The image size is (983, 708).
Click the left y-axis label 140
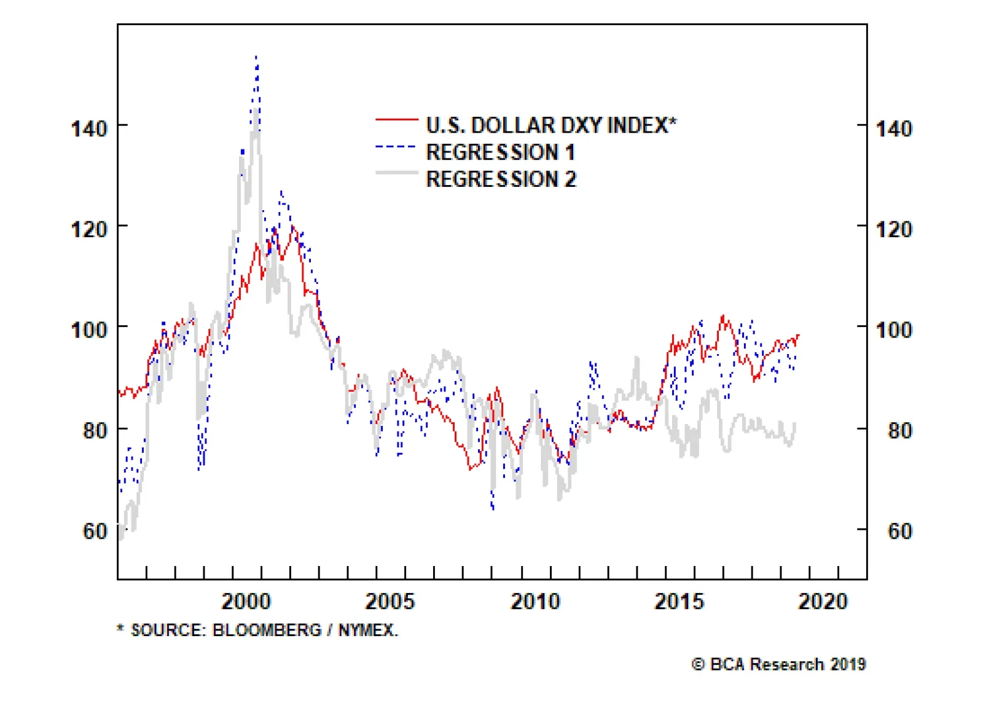pos(89,129)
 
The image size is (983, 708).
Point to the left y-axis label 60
pos(95,531)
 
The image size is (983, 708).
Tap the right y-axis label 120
pos(893,230)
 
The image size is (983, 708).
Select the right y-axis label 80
pos(899,431)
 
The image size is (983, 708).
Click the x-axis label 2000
pos(246,601)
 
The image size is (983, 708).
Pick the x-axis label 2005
pos(390,601)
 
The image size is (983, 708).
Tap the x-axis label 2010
pos(535,601)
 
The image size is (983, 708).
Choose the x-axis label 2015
pos(679,601)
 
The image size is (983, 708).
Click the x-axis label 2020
pos(823,601)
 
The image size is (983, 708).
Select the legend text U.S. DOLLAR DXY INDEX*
pos(551,125)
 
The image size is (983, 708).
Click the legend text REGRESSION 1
pos(500,152)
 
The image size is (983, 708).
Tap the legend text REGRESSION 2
pos(501,179)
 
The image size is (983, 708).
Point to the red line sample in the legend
pos(396,119)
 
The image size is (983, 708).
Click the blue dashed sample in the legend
pos(396,146)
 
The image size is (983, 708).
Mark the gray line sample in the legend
pos(396,173)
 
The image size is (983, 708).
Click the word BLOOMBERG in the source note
pos(267,631)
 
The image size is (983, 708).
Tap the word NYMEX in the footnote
pos(367,631)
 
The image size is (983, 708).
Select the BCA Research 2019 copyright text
pos(779,664)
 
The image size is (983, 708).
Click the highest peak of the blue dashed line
pos(256,57)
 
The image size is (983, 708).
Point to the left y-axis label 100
pos(89,330)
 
